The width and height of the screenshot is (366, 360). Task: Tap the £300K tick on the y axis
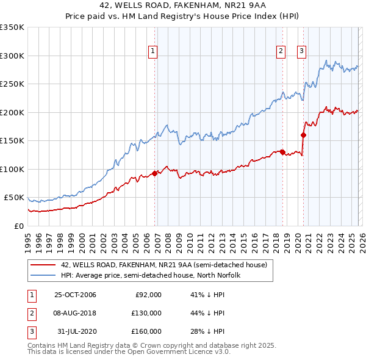(12, 56)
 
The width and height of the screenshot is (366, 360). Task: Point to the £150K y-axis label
(12, 140)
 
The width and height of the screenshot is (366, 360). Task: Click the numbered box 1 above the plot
(152, 51)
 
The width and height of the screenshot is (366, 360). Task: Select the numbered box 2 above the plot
(281, 51)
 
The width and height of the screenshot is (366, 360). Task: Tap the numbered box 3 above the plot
(302, 51)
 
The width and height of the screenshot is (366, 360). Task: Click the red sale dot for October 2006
(155, 173)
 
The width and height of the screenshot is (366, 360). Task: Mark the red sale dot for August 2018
(282, 152)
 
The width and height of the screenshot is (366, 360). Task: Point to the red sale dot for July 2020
(303, 135)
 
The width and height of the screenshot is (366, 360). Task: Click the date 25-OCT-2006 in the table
(75, 295)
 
